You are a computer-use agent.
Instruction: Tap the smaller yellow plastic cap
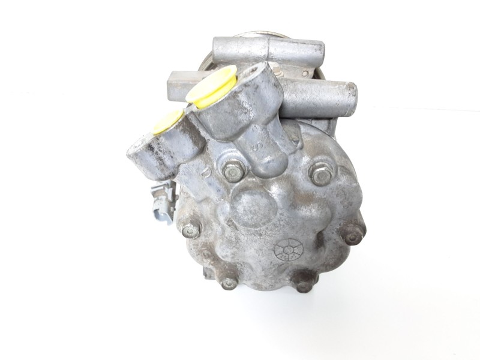coord(167,121)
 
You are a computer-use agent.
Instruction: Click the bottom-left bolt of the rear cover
coord(229,282)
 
